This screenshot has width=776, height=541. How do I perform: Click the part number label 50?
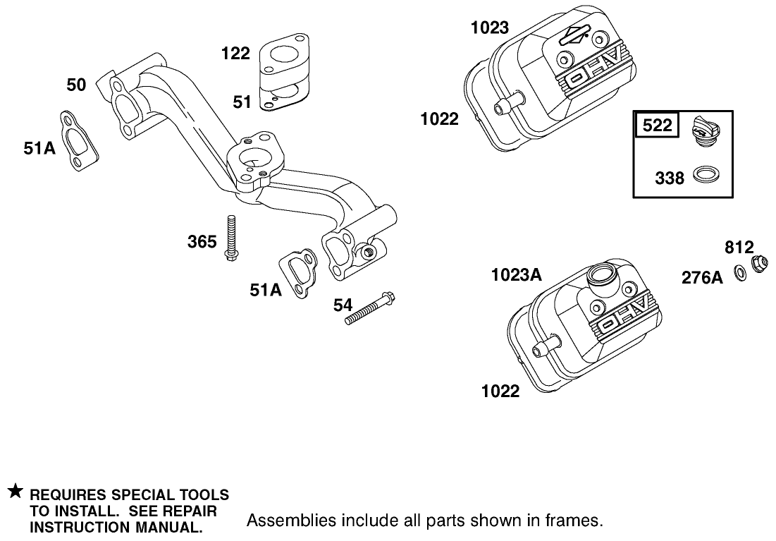76,85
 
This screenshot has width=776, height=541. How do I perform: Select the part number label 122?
235,53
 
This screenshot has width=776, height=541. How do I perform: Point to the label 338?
669,177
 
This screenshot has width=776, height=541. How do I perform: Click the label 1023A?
517,275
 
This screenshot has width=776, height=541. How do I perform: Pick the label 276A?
702,278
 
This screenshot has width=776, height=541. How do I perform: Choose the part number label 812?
739,248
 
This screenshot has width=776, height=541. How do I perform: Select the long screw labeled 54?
369,309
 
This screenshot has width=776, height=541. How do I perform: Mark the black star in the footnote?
15,491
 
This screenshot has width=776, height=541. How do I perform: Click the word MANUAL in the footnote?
168,527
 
